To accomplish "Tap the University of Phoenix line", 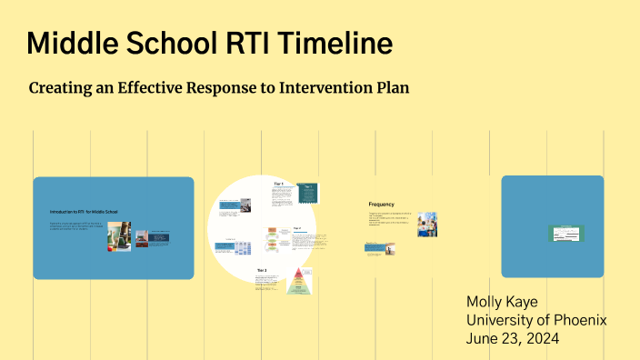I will pyautogui.click(x=535, y=320).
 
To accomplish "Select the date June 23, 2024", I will pyautogui.click(x=513, y=339).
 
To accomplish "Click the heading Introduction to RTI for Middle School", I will pyautogui.click(x=84, y=212).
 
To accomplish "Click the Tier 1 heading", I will pyautogui.click(x=279, y=184).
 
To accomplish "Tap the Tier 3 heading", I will pyautogui.click(x=262, y=270).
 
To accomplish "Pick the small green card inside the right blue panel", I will pyautogui.click(x=565, y=234).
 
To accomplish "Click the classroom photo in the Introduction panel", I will pyautogui.click(x=119, y=235).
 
